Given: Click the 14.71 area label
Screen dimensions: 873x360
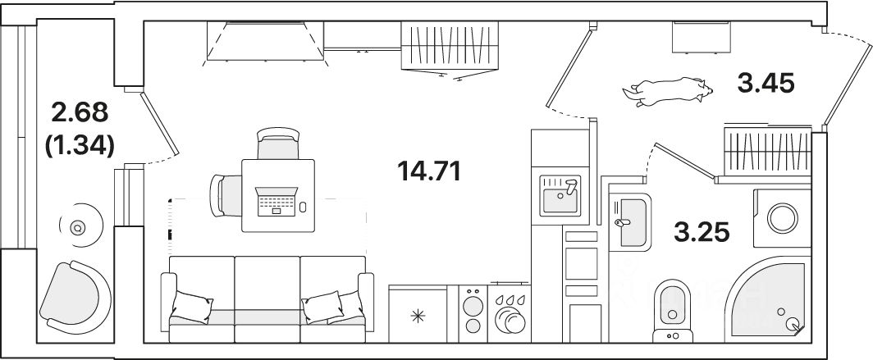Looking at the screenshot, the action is coord(428,172).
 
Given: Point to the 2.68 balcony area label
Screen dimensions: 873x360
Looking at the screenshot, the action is coord(80,112).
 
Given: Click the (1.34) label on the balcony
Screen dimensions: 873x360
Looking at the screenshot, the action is coord(80,144).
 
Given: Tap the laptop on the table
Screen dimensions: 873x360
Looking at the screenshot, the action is coord(275,201).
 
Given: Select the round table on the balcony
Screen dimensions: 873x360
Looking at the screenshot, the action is coord(79,227).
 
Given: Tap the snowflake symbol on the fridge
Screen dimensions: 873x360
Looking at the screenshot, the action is coord(417,315).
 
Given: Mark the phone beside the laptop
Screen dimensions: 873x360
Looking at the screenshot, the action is coord(303,207).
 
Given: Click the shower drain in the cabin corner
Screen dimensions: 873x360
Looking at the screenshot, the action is coord(793,325).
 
